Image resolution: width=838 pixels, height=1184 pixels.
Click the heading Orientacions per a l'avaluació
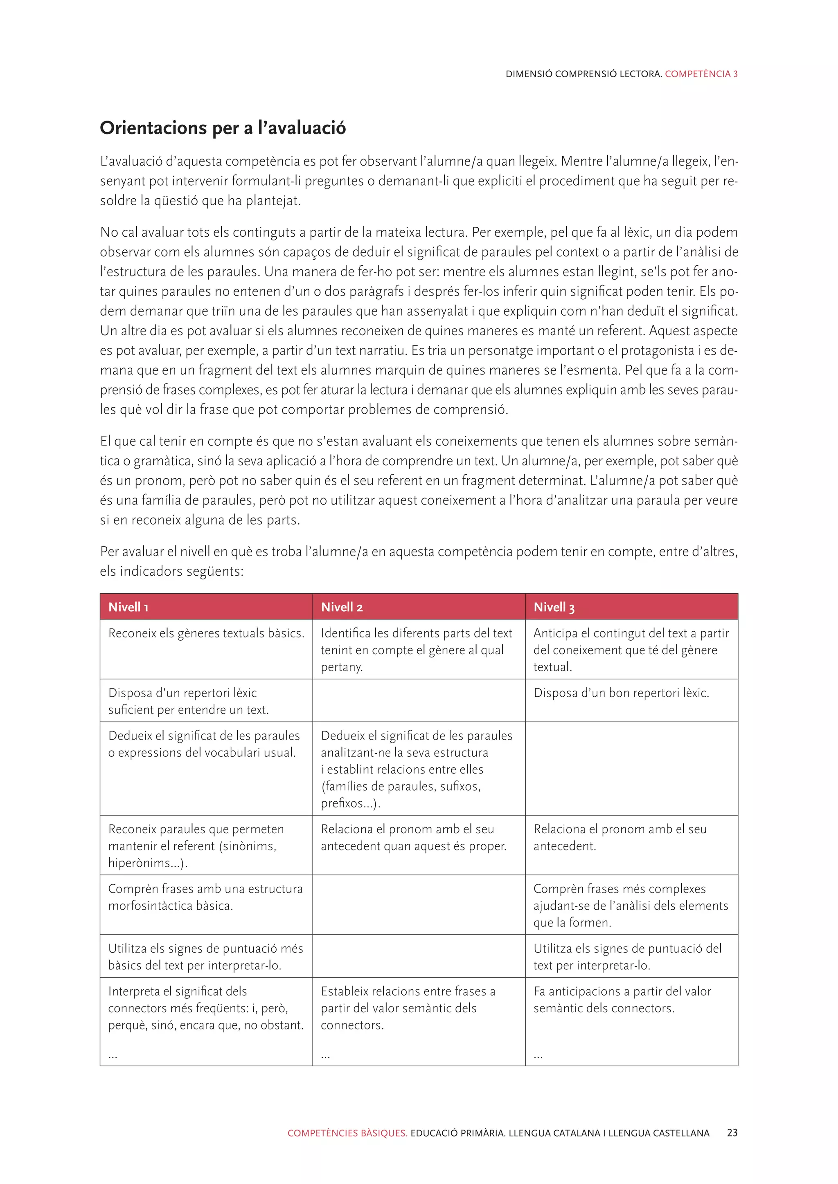pos(223,128)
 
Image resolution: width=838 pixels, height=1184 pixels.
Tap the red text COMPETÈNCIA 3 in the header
pos(701,74)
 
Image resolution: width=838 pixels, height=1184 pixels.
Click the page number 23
pos(732,1133)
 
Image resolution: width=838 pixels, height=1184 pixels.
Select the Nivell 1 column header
pos(128,607)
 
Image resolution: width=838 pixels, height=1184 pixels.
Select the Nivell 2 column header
pos(342,607)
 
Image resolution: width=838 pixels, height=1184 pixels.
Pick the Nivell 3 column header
pos(554,607)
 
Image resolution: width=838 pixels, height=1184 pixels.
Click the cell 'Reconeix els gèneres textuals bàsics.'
pos(206,633)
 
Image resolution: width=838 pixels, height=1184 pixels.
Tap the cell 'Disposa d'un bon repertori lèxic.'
pos(621,693)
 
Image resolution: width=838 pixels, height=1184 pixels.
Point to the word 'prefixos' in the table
pos(342,803)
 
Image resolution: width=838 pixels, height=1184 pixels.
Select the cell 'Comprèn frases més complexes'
pos(631,906)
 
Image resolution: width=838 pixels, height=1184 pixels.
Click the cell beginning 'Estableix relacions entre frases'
pos(408,1008)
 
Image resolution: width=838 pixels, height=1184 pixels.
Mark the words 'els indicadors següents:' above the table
pos(171,572)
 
